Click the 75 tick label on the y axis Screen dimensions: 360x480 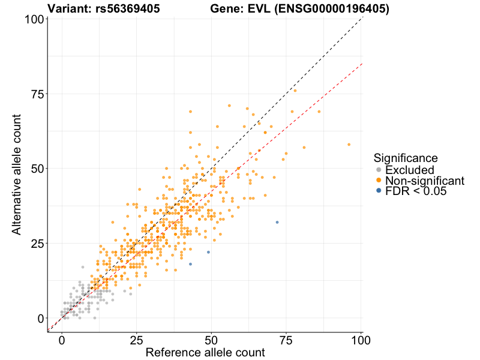(x=38, y=94)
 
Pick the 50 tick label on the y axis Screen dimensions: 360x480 (x=38, y=169)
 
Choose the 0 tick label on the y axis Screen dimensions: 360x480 (x=41, y=318)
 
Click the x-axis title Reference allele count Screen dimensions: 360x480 (x=205, y=353)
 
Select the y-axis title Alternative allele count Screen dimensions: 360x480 (x=17, y=169)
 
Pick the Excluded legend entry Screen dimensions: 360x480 (x=409, y=170)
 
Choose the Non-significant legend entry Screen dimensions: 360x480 (x=424, y=181)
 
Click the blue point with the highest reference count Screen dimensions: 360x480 (x=277, y=222)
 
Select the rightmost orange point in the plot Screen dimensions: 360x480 (x=349, y=145)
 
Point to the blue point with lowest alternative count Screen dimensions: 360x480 (x=190, y=264)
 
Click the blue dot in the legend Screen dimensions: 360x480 (x=378, y=191)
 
